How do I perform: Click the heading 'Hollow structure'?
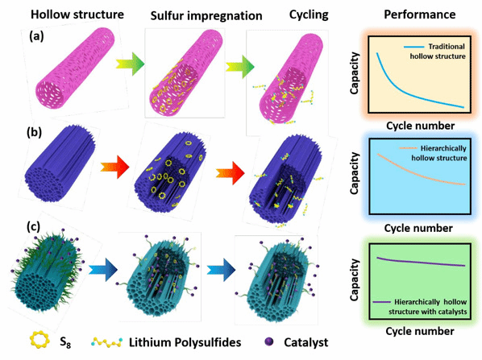(x=77, y=14)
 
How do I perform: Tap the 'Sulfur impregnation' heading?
(x=206, y=16)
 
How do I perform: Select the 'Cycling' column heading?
(x=309, y=14)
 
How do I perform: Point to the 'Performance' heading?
(x=420, y=14)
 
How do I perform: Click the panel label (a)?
(x=36, y=36)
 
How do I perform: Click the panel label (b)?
(x=34, y=133)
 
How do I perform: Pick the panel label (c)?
(x=33, y=227)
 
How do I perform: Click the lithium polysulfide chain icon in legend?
(x=106, y=342)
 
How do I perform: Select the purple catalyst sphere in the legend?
(x=268, y=341)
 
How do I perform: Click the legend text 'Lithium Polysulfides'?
(x=185, y=342)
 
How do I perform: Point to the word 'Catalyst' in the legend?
(x=305, y=342)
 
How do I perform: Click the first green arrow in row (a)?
(x=131, y=64)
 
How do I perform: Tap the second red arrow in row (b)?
(x=231, y=173)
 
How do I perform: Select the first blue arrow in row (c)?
(x=103, y=270)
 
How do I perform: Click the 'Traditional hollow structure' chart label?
(x=438, y=52)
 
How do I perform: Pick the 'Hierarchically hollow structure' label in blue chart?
(x=439, y=153)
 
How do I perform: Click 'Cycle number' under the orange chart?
(x=420, y=126)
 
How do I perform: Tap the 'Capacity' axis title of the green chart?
(x=355, y=279)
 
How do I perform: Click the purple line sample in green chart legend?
(x=381, y=302)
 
